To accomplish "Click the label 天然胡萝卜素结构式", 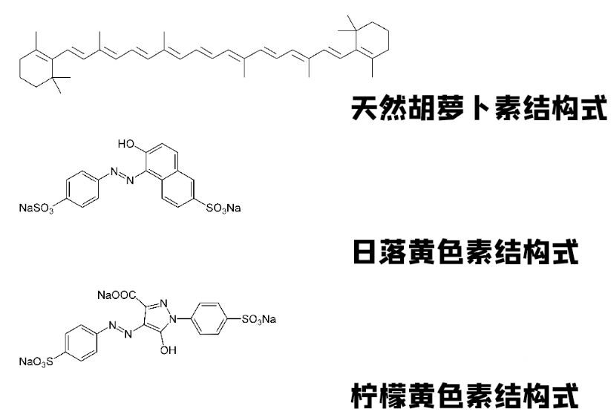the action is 479,109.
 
